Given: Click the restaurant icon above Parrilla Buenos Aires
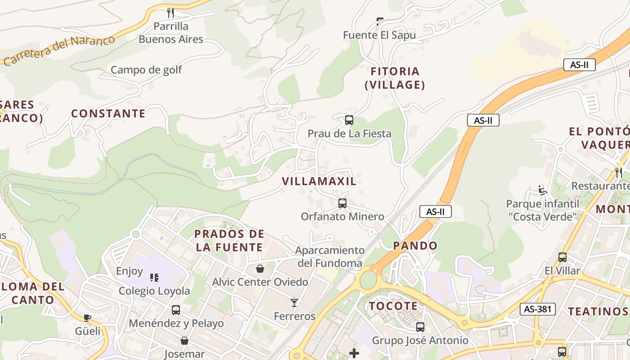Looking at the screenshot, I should point(171,13).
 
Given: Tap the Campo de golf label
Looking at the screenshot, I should point(146,70).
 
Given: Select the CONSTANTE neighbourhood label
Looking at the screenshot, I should point(108,113).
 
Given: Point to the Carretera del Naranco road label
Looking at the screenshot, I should point(58,50).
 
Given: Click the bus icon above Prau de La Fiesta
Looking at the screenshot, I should point(349,120).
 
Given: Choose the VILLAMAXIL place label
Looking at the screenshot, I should point(319,181).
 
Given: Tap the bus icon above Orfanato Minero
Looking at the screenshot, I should point(342,203).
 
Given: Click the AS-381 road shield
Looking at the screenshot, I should point(537,309).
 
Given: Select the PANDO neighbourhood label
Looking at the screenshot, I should point(415,246).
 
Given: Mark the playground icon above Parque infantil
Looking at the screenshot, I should point(543,190).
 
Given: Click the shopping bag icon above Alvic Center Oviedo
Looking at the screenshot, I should point(260,269).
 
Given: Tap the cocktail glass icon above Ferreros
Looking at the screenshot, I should point(294,302).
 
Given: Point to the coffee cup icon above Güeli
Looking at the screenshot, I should point(87,318).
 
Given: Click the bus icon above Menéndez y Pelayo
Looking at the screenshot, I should point(176,310).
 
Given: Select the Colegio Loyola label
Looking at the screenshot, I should point(154,291).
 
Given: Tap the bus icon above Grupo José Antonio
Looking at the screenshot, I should point(420,327).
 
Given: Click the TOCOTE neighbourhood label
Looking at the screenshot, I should point(393,306).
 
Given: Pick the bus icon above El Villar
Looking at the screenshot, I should point(562,257).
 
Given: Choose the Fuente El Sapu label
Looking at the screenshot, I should point(379,35).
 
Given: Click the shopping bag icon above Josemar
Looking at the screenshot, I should point(184,341).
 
